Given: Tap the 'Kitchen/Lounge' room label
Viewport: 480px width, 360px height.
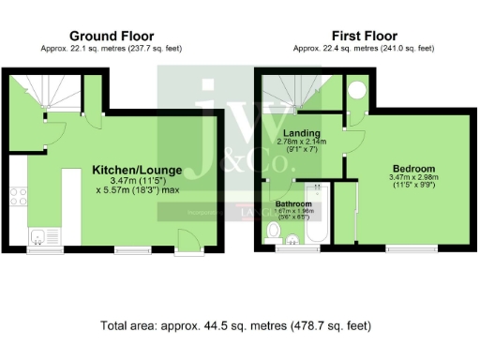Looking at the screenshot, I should pos(137,170).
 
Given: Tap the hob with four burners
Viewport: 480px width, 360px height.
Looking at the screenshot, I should pos(18,197).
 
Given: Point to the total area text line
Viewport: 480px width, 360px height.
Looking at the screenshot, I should pos(235,326).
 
